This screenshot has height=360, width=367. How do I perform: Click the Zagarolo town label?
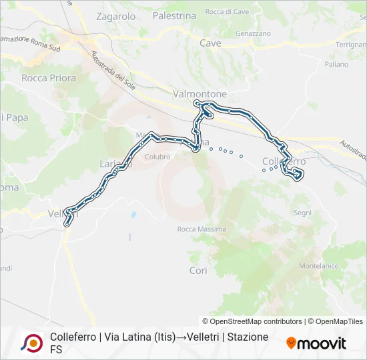[115, 16]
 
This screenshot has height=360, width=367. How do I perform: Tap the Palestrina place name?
[174, 15]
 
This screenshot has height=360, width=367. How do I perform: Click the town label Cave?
[210, 43]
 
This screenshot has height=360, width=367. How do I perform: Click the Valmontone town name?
[200, 94]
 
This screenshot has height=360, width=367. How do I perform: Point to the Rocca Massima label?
[202, 229]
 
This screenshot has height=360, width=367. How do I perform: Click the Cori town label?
[198, 271]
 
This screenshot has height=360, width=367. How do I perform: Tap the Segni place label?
[302, 213]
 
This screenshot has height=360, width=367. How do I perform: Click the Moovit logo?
[316, 343]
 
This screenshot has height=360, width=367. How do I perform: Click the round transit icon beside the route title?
[31, 343]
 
